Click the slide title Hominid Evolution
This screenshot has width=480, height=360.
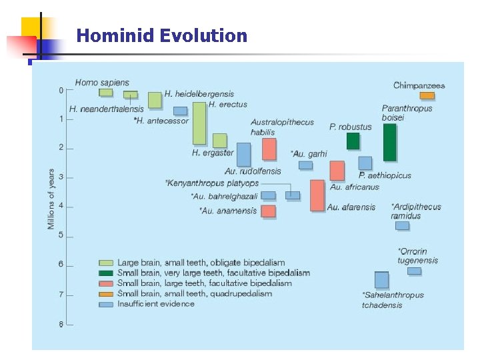161,36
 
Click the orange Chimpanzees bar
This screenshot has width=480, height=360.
427,95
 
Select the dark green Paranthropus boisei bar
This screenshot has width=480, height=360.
389,142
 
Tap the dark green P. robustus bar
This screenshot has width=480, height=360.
353,141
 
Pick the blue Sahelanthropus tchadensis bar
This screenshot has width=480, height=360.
381,279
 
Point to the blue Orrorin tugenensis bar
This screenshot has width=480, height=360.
414,271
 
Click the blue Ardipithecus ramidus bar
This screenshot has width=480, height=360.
402,225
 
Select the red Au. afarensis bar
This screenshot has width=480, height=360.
317,195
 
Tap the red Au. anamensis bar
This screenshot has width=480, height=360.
268,211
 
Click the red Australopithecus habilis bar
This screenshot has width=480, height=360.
269,149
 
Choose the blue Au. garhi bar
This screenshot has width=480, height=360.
305,165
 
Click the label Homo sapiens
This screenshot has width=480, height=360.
102,83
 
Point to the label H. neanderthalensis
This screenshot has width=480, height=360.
106,109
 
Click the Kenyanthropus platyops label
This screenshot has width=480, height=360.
212,183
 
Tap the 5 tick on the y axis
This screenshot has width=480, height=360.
61,235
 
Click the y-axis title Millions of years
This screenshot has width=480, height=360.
51,199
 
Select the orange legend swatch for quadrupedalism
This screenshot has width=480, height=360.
105,293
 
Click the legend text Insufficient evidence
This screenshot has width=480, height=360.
156,304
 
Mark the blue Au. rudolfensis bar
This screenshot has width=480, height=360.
244,154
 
